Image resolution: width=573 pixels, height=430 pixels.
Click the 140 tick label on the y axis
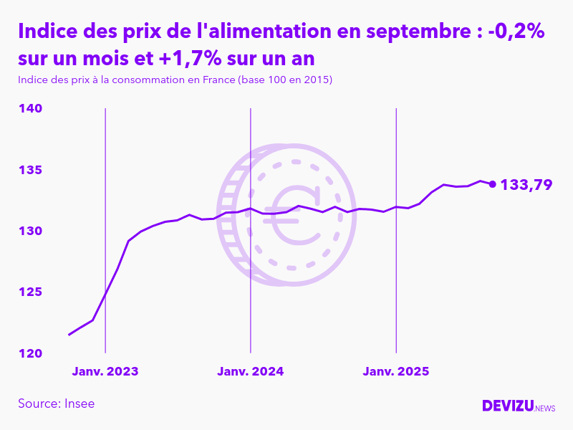click(30, 108)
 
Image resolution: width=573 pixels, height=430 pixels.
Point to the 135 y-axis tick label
click(30, 170)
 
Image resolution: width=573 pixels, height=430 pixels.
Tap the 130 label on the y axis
click(30, 231)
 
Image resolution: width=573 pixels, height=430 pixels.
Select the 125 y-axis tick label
click(30, 292)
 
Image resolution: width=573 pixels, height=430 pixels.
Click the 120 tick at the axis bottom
click(30, 353)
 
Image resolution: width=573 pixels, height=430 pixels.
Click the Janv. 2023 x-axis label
click(105, 371)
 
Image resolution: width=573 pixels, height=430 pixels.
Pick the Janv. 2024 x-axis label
click(251, 371)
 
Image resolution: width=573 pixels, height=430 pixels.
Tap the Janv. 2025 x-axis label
click(396, 371)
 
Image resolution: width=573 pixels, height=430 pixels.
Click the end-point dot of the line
click(492, 184)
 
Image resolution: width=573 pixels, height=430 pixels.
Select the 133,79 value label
click(526, 185)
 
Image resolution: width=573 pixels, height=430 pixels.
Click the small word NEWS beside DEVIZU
click(544, 408)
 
